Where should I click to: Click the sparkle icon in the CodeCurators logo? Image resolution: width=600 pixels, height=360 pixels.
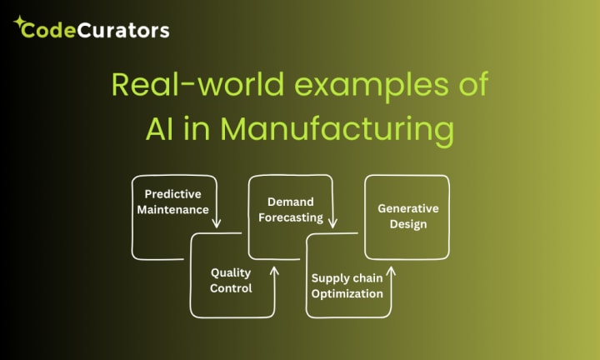[19, 22]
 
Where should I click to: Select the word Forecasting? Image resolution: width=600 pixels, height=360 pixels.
[290, 217]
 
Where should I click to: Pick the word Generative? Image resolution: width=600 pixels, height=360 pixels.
[407, 207]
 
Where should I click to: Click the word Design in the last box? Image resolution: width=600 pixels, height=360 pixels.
[407, 223]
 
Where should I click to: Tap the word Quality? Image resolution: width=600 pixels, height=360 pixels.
[231, 272]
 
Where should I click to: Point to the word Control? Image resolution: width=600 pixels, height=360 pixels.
[231, 288]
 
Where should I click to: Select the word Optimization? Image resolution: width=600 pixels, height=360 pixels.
[347, 293]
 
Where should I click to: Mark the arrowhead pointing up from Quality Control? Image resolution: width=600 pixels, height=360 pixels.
[275, 269]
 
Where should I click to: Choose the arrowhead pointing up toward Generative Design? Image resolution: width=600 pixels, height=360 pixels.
[391, 269]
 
